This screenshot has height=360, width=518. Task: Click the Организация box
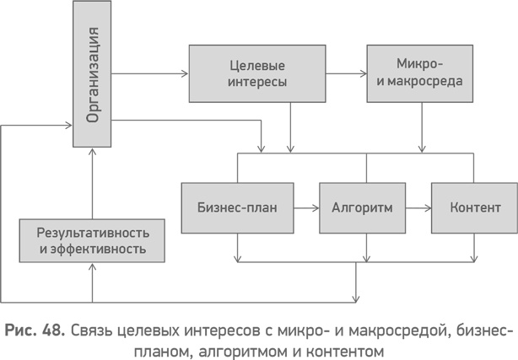(x=93, y=73)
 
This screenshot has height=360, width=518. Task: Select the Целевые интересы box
(x=257, y=73)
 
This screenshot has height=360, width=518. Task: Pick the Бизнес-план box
(x=237, y=207)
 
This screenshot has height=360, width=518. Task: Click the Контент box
(x=475, y=207)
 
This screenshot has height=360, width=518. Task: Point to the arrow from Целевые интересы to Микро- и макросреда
(x=346, y=73)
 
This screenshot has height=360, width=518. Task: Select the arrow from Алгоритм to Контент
(x=417, y=207)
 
